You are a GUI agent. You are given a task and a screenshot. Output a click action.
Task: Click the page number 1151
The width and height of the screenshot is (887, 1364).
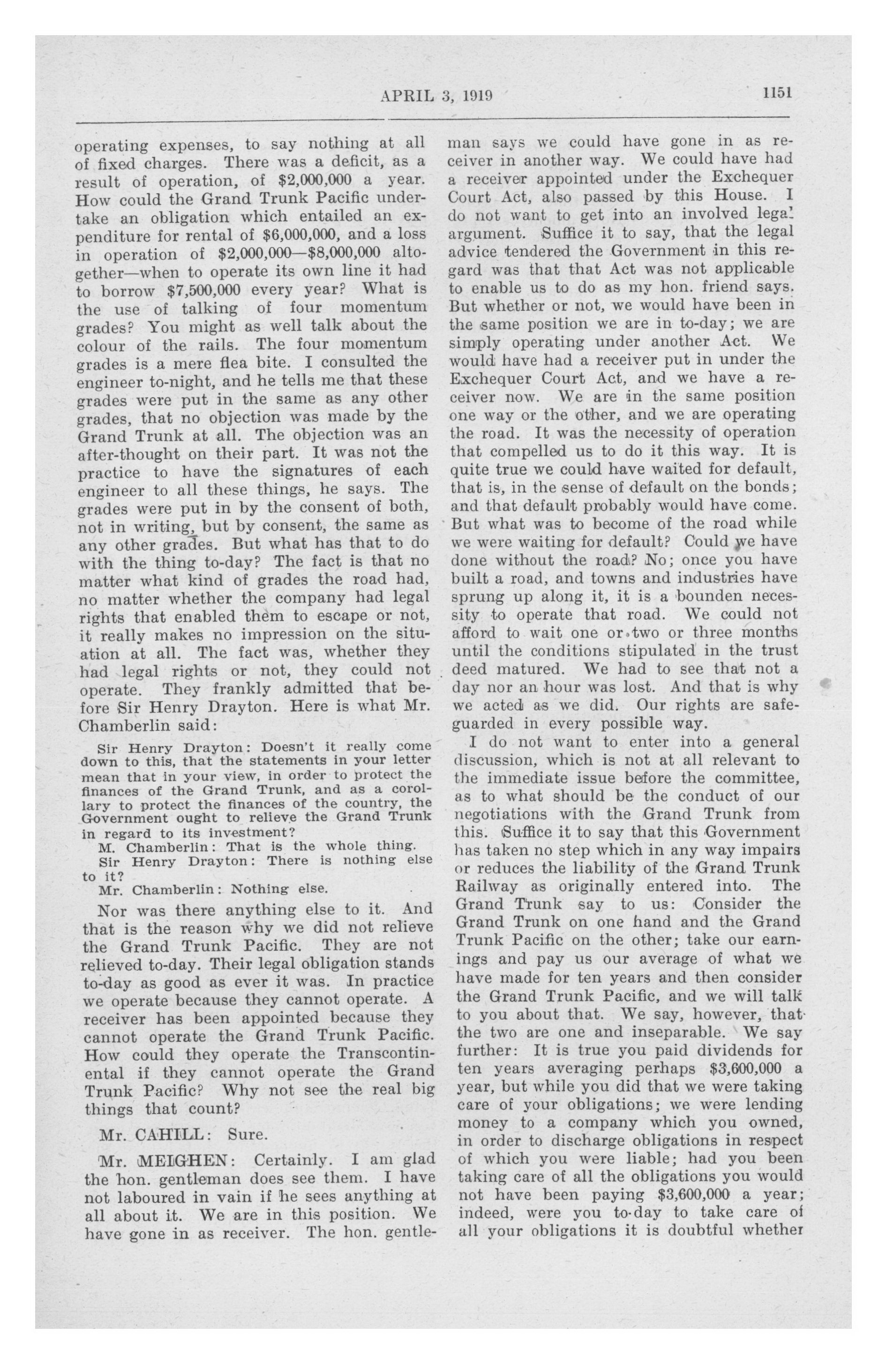click(x=776, y=93)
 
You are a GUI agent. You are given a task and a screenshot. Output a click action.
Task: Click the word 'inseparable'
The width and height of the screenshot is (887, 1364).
click(x=679, y=1033)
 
